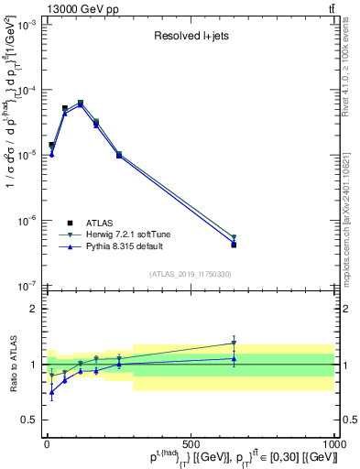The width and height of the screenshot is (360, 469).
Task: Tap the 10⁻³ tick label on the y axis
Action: [25, 26]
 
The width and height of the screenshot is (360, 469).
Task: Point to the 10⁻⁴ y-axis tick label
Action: [25, 91]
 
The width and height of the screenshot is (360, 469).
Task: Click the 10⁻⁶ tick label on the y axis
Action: [25, 220]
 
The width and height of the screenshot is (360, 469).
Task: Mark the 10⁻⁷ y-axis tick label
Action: [25, 285]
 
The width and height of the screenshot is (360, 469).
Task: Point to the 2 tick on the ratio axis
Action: [33, 309]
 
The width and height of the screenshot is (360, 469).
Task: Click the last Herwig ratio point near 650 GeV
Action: [234, 344]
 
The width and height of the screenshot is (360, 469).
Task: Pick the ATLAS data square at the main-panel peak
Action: [81, 103]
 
